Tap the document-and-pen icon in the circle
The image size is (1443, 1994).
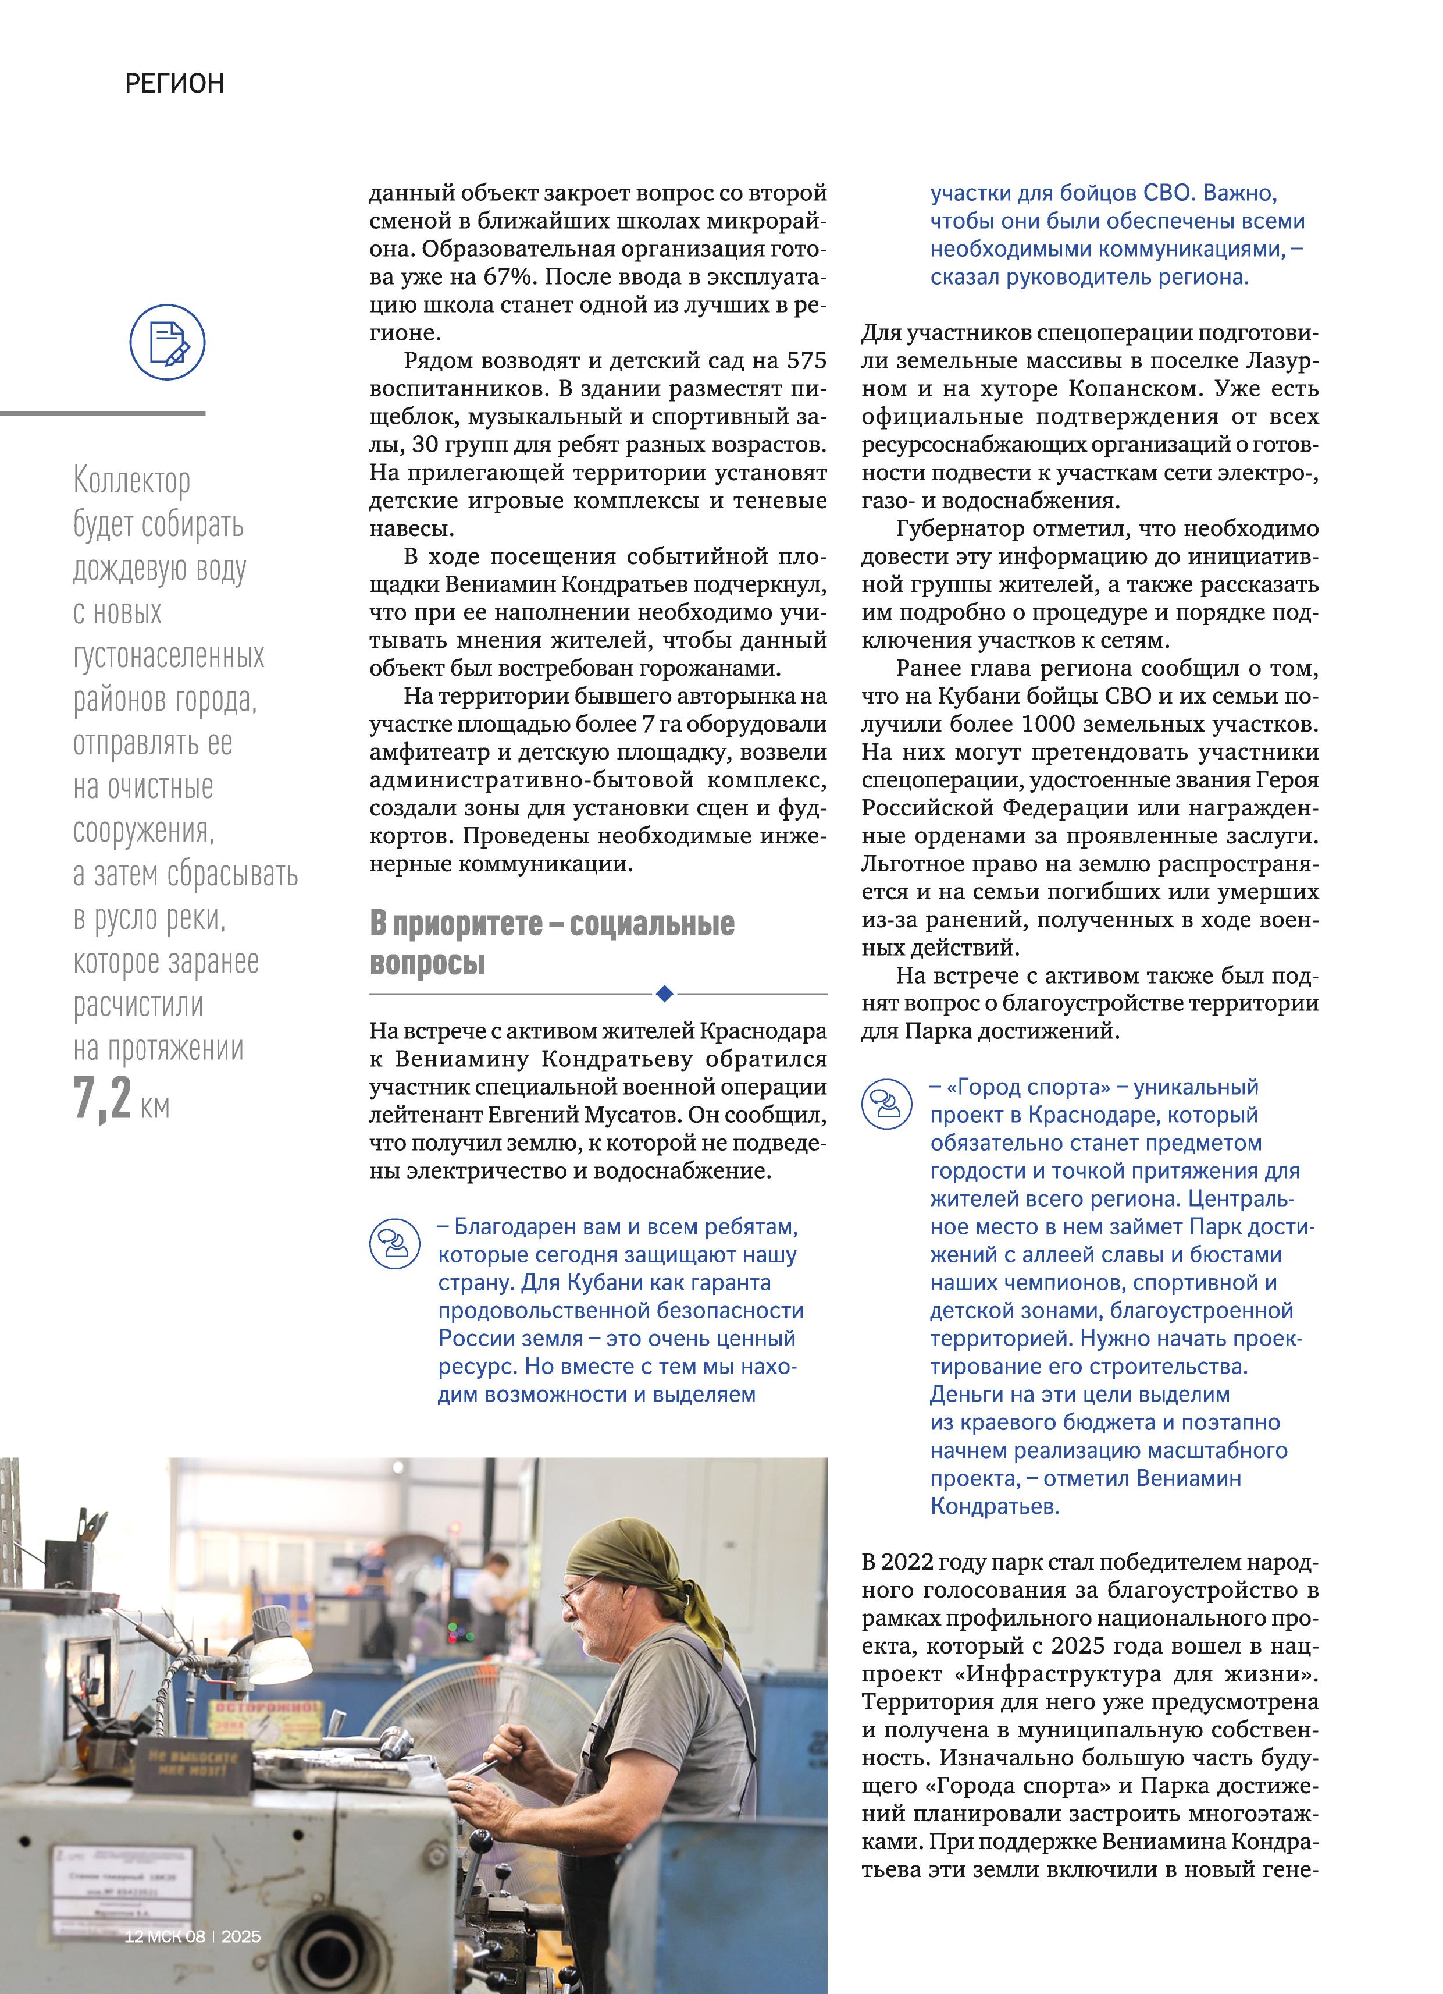point(167,342)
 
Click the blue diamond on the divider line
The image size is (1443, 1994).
point(664,994)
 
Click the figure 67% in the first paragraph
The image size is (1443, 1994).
point(507,277)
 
